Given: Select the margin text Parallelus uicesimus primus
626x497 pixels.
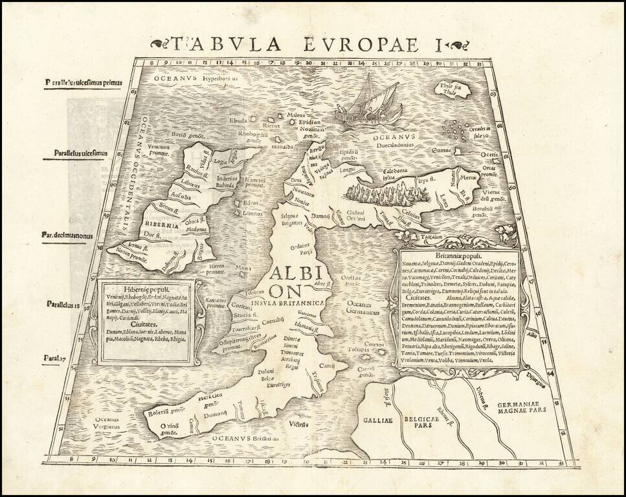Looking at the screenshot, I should tap(84, 82).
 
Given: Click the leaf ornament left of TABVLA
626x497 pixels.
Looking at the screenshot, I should tap(158, 44).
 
